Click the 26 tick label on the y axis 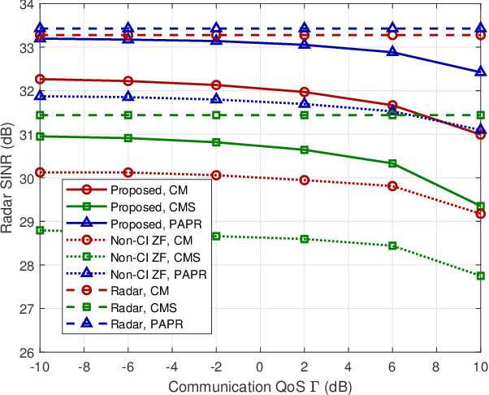[x=24, y=352]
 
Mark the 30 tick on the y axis [x=24, y=178]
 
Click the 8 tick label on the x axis [x=436, y=365]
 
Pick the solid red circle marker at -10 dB [x=40, y=79]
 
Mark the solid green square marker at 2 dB [x=304, y=150]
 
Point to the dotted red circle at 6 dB [x=392, y=186]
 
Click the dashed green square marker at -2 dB [x=216, y=115]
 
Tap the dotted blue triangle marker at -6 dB [x=128, y=97]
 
